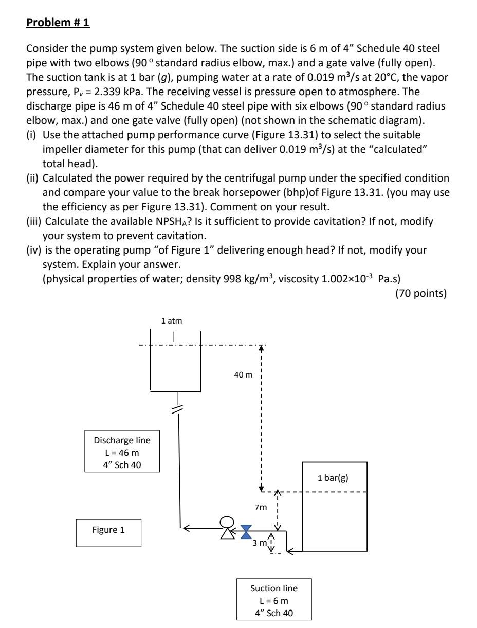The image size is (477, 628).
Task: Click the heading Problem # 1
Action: point(58,23)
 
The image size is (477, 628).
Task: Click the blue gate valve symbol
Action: point(246,531)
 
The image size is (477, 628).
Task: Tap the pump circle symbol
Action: point(226,523)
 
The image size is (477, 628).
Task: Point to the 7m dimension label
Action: point(261,508)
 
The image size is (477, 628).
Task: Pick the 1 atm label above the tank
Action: point(172,321)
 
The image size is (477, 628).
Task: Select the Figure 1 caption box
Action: point(108,532)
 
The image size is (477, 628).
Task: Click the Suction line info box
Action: point(273,600)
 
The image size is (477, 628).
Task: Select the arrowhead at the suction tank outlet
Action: point(290,553)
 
